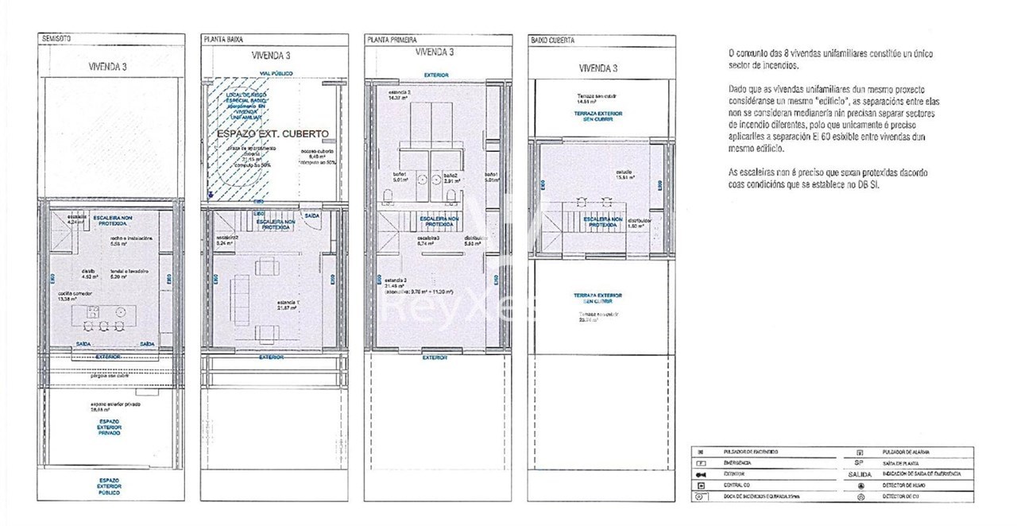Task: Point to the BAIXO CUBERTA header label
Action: point(552,39)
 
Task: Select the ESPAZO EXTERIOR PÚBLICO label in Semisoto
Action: point(110,486)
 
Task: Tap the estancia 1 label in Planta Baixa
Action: point(288,304)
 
